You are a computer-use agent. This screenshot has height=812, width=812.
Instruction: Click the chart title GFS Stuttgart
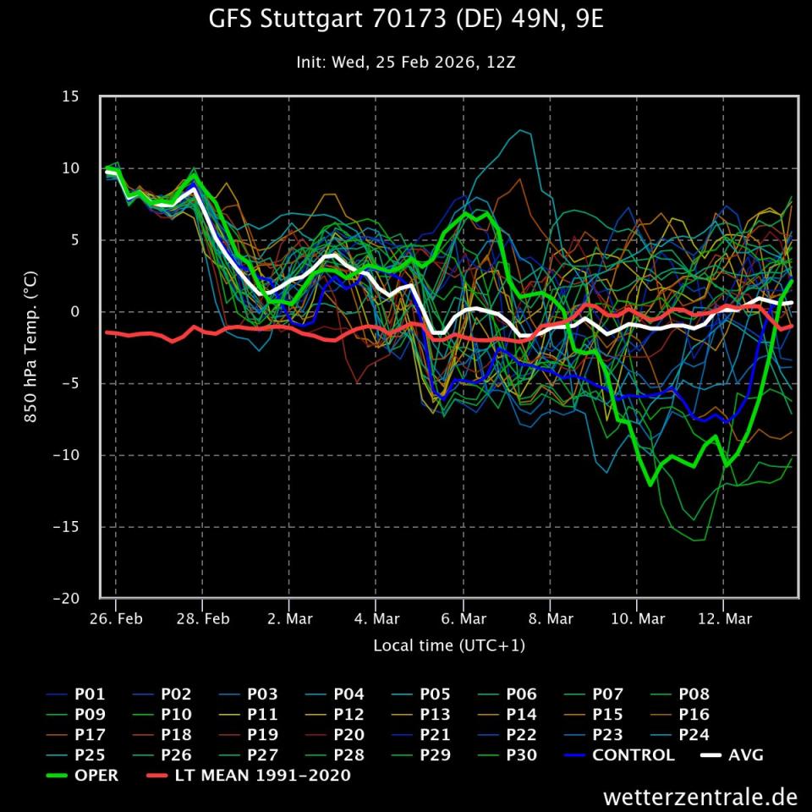point(406,19)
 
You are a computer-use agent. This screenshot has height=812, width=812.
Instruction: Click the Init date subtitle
point(406,62)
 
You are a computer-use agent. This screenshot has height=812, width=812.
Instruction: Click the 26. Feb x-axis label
point(116,619)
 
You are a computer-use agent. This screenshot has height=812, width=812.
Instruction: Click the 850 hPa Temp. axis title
point(30,347)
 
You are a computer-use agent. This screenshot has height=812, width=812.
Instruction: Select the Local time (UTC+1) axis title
point(449,645)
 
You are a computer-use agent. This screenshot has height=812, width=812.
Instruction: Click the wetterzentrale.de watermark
point(700,797)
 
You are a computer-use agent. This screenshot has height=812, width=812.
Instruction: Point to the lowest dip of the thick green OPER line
point(650,485)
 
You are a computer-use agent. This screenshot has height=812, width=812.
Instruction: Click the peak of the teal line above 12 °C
point(521,130)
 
